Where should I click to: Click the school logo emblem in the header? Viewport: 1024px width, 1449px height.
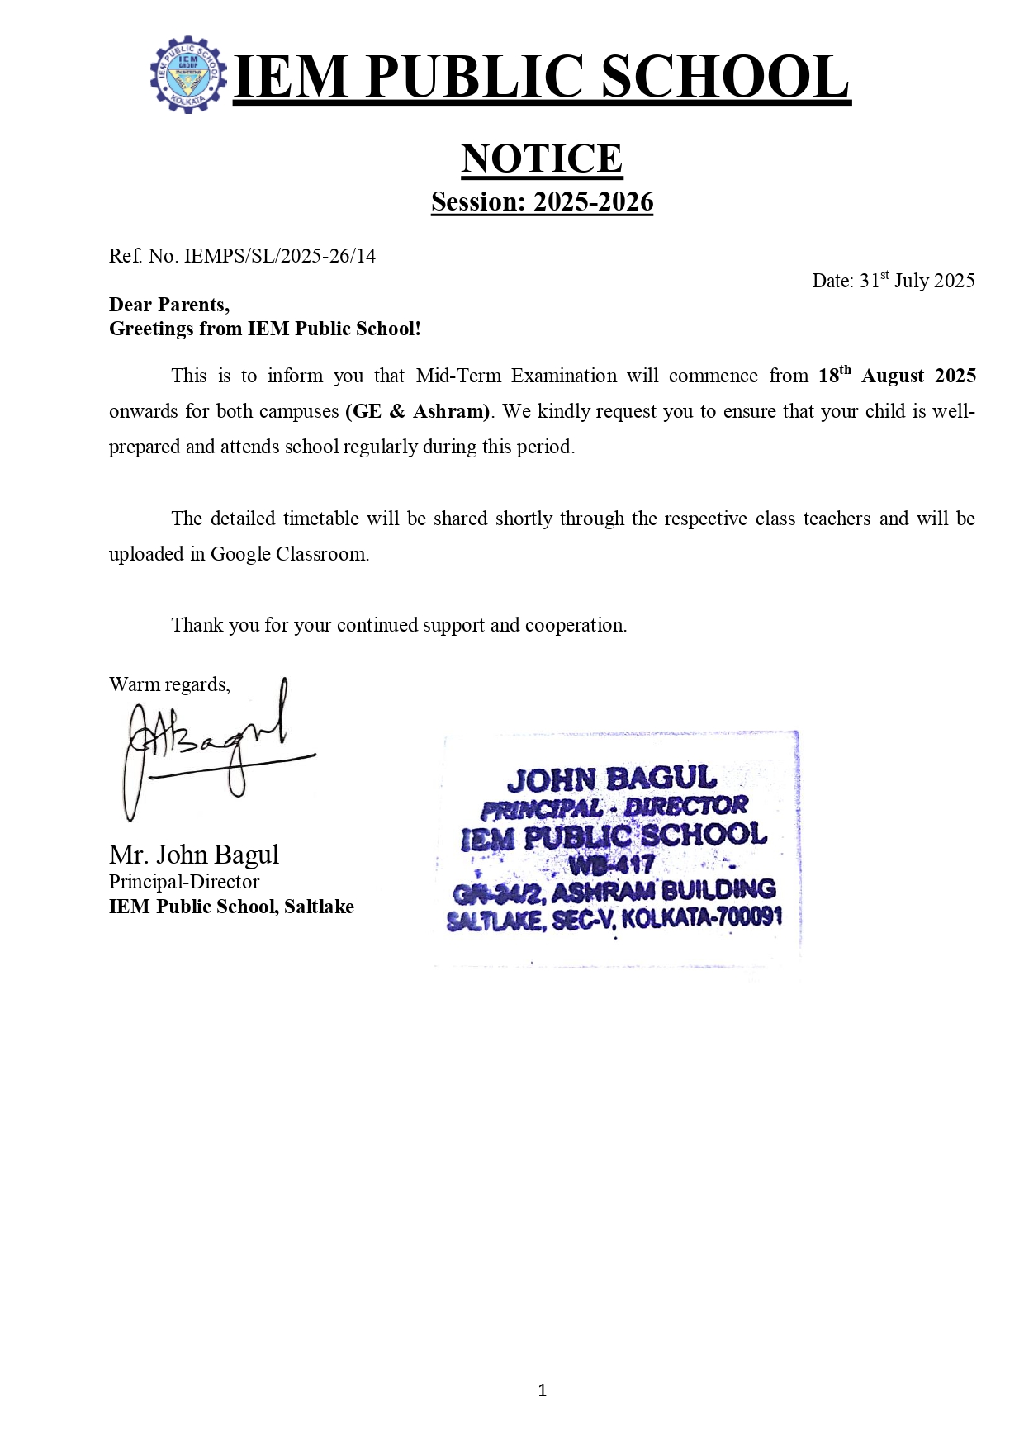pyautogui.click(x=188, y=74)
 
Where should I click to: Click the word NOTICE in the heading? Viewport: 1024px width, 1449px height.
pyautogui.click(x=542, y=159)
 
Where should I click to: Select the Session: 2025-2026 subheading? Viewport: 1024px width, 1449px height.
pyautogui.click(x=542, y=201)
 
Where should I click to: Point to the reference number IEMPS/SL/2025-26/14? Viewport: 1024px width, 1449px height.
pyautogui.click(x=279, y=256)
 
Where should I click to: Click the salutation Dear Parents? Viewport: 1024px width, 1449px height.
pyautogui.click(x=169, y=305)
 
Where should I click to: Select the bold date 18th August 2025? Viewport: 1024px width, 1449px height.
pyautogui.click(x=897, y=376)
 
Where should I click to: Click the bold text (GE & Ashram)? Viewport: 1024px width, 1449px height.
pyautogui.click(x=418, y=411)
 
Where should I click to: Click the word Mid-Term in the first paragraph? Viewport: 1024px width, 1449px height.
pyautogui.click(x=458, y=376)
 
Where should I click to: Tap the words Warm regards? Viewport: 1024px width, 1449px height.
pyautogui.click(x=169, y=684)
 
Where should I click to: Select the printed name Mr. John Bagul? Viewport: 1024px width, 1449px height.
pyautogui.click(x=194, y=855)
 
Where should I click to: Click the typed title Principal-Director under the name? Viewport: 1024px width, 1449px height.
pyautogui.click(x=184, y=882)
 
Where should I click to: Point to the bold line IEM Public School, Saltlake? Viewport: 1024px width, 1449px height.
pyautogui.click(x=231, y=907)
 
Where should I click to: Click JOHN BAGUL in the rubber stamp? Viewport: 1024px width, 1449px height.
pyautogui.click(x=612, y=779)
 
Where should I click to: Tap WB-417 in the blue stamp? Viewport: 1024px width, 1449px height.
pyautogui.click(x=612, y=864)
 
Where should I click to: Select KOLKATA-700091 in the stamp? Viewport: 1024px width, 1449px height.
pyautogui.click(x=702, y=917)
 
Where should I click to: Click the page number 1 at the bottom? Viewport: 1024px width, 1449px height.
pyautogui.click(x=542, y=1390)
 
